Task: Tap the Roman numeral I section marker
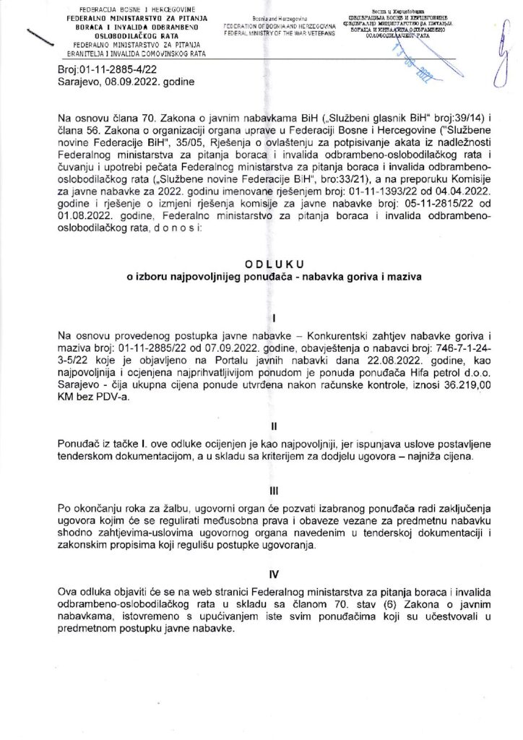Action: (x=264, y=317)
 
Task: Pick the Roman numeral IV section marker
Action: (x=264, y=577)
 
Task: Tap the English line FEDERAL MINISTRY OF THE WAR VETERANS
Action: (x=279, y=33)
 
